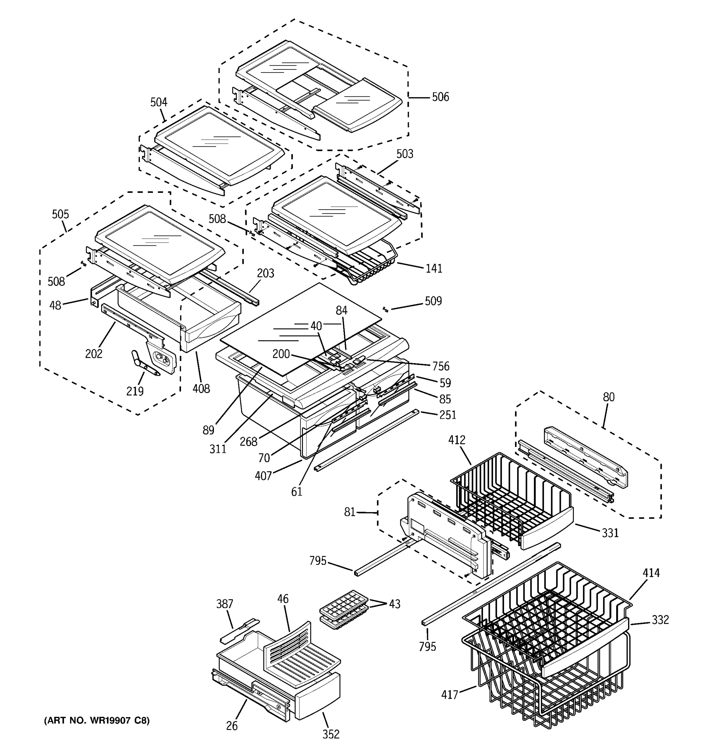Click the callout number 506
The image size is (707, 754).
440,97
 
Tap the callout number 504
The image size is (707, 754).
159,102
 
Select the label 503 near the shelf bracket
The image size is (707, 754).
405,154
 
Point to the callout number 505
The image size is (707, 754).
60,215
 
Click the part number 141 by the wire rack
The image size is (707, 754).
434,269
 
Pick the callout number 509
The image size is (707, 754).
433,301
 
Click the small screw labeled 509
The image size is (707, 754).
385,309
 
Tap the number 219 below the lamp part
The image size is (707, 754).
135,391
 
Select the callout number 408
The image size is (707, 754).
201,389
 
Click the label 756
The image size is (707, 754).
441,366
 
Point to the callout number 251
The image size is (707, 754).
447,415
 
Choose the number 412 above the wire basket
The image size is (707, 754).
457,440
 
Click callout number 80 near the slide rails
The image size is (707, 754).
608,397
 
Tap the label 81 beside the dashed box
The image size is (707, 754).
349,512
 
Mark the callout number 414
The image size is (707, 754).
651,573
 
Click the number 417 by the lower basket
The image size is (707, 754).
450,695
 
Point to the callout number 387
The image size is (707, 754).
225,604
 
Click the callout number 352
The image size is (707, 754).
331,735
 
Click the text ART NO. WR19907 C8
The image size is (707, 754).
97,720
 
